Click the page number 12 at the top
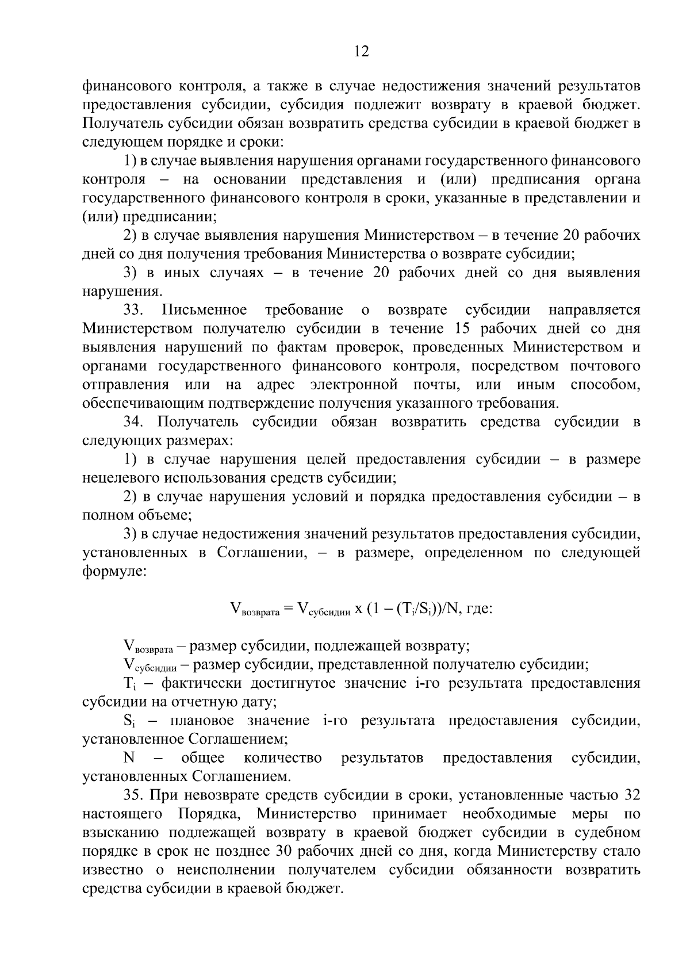pos(362,52)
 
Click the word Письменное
pos(205,311)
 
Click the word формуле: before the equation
pos(114,572)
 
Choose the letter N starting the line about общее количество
pos(129,758)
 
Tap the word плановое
pos(193,721)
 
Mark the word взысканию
pos(119,833)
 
